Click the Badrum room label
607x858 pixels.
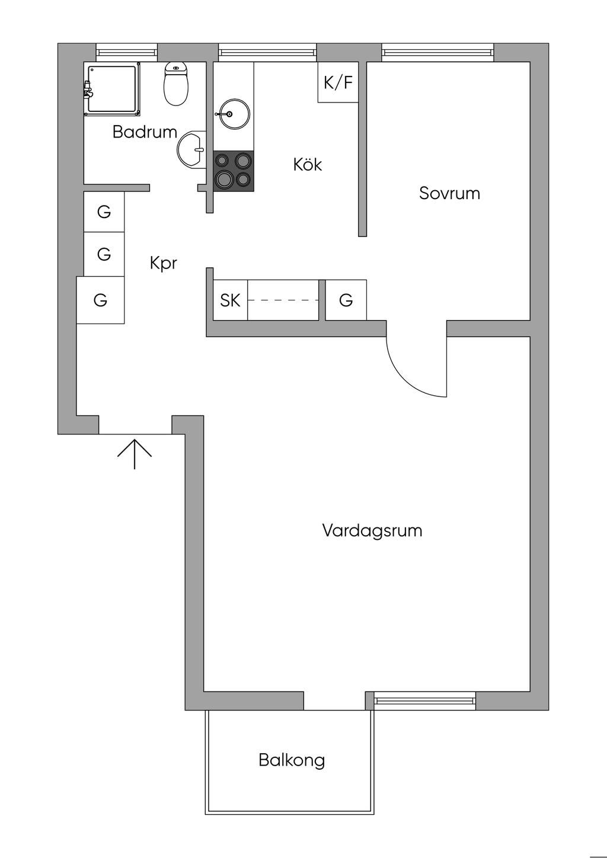145,132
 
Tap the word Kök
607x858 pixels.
307,165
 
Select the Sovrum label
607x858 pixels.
449,193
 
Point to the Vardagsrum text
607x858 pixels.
372,530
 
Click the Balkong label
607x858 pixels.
292,760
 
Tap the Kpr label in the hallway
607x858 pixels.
164,264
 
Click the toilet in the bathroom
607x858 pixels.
176,84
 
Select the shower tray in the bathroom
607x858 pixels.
112,89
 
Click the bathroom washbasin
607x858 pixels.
191,150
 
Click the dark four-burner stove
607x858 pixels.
234,171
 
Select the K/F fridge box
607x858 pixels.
338,82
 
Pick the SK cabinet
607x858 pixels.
231,300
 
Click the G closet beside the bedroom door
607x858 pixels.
346,300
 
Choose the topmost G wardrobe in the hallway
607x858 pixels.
104,212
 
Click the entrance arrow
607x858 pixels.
135,454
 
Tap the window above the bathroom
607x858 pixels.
126,52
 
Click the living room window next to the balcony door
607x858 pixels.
424,701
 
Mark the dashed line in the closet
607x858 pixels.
283,300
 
